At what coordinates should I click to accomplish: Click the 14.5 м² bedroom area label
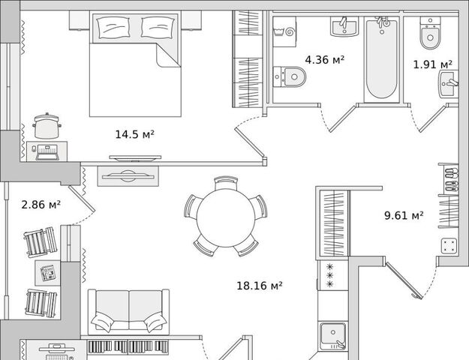134,134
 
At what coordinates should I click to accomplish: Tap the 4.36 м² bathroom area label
325,60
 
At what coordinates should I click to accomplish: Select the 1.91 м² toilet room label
432,64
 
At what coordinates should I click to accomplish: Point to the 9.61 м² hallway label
404,215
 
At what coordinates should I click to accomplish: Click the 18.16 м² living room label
260,286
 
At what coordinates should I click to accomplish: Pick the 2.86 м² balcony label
41,205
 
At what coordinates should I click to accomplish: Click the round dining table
226,216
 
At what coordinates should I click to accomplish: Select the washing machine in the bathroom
284,31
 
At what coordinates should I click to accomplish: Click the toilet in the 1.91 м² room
430,32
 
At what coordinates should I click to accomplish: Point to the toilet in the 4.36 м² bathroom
290,76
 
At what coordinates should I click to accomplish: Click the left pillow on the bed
113,27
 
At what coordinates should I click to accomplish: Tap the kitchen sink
333,336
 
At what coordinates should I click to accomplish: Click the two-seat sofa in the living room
128,312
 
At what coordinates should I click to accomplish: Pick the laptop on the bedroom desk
47,152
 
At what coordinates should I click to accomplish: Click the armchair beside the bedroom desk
47,125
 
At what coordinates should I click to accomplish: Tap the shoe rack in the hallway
449,179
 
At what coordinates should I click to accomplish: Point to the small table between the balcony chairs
47,273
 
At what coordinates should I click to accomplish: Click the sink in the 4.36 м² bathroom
344,26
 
